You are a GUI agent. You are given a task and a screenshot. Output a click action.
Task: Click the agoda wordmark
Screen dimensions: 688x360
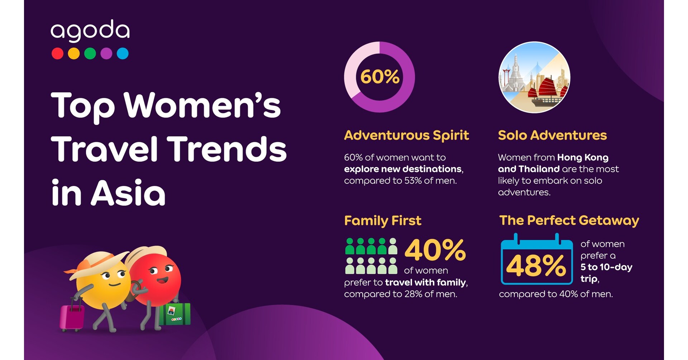point(90,31)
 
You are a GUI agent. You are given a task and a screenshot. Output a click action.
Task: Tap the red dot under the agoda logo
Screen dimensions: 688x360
point(57,53)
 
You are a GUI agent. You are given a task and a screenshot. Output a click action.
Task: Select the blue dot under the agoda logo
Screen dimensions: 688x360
point(123,53)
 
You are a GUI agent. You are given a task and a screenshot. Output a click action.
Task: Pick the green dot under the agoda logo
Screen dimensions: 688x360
point(90,53)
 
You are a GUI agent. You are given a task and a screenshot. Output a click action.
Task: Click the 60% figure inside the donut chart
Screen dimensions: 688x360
point(379,77)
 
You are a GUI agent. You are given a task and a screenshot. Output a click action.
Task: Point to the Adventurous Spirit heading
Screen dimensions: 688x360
point(406,135)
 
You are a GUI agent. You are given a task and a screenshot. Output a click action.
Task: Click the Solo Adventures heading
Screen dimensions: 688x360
point(552,135)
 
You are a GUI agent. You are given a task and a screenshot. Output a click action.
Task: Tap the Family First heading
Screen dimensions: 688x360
point(383,221)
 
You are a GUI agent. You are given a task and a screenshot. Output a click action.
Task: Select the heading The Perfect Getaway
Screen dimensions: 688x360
point(569,221)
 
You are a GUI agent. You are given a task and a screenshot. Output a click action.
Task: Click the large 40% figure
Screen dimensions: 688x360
point(435,250)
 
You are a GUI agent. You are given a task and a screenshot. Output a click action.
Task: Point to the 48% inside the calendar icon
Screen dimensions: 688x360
point(536,266)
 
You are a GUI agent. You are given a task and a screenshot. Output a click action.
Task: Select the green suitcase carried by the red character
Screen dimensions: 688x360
point(175,314)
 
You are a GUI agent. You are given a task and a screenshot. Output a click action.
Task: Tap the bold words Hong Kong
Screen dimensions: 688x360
point(583,158)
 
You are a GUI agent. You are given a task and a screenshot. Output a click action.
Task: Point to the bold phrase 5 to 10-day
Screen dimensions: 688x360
point(606,267)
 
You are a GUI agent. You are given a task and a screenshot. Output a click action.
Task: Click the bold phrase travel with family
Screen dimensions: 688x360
point(426,283)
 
